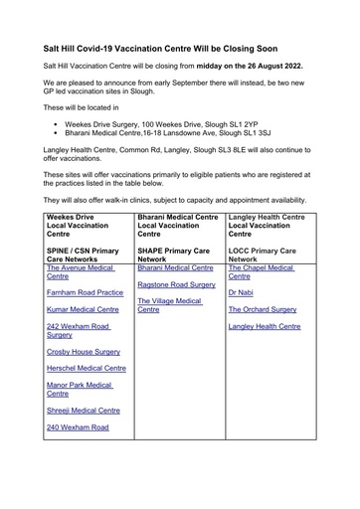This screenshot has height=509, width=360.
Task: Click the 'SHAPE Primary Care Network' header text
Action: click(x=175, y=254)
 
